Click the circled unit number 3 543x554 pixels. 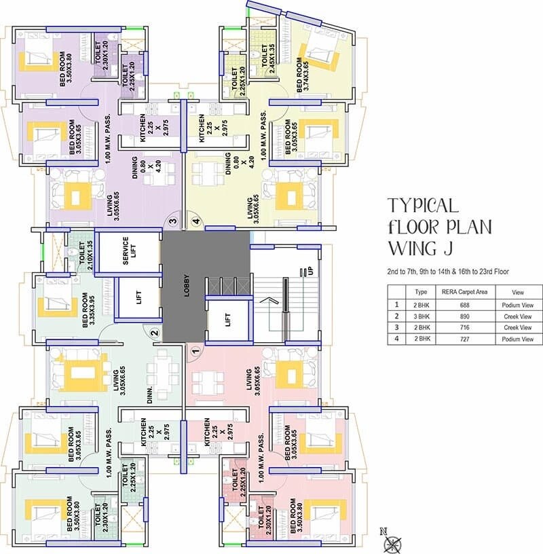tap(173, 221)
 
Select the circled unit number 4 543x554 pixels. tap(196, 221)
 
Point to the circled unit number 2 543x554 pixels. tap(154, 333)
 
